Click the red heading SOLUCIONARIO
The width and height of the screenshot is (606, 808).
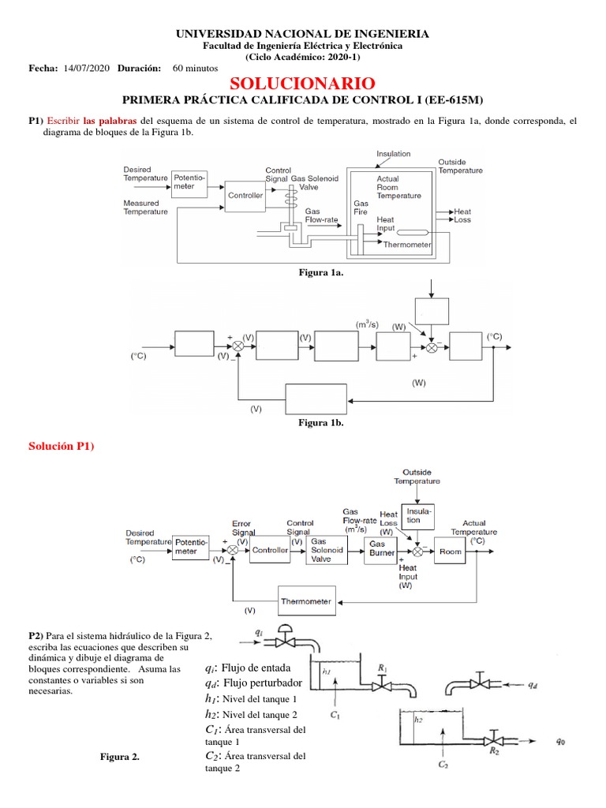302,84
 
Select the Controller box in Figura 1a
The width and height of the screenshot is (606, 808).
245,195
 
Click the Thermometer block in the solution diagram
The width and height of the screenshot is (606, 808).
307,600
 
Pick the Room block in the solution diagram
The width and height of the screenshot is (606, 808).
450,551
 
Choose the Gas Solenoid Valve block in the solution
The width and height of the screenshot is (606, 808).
326,550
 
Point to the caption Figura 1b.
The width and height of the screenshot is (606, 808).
320,423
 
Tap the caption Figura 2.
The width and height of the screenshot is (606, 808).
120,757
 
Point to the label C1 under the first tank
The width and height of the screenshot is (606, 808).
335,716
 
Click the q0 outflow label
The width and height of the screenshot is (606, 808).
560,740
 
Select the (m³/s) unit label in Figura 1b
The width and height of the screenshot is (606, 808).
368,324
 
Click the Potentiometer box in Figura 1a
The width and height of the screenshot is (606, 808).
189,182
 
